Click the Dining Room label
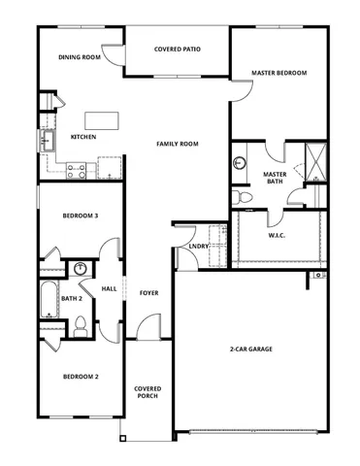(80, 57)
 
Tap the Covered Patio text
(178, 48)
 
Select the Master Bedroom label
(278, 73)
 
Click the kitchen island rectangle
(100, 120)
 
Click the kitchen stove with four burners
(78, 171)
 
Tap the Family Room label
(178, 144)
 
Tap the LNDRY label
(199, 246)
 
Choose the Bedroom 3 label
(81, 216)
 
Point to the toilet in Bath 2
(83, 326)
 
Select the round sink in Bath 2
(82, 269)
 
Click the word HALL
(110, 288)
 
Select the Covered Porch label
(147, 392)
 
